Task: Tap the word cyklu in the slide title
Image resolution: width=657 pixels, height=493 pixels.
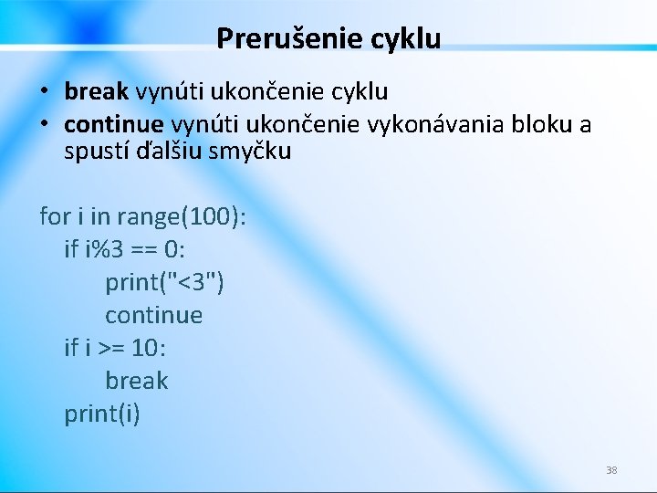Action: (406, 38)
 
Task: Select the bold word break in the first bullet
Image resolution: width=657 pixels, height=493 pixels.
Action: (97, 92)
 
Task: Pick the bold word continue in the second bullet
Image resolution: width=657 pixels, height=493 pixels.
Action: (114, 124)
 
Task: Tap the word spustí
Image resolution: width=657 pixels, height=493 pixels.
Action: (96, 151)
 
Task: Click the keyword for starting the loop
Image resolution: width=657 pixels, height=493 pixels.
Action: (55, 217)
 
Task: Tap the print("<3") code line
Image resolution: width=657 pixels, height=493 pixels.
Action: (164, 283)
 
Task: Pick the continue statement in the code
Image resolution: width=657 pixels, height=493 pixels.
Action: (153, 316)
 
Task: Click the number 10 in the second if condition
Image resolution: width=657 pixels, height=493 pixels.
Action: (145, 349)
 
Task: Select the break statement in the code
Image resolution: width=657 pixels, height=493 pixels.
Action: (137, 381)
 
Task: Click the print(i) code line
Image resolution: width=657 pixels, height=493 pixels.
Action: (102, 414)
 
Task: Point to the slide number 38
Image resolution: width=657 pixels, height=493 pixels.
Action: (611, 470)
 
